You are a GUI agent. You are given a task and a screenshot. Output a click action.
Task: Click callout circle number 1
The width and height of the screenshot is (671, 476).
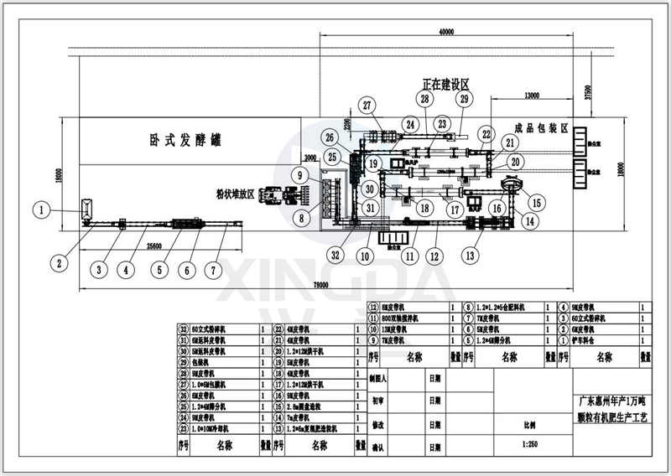pyautogui.click(x=39, y=210)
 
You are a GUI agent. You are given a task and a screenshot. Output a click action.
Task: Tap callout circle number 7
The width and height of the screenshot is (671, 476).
pyautogui.click(x=215, y=269)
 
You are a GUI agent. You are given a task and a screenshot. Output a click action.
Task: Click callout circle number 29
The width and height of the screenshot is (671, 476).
pyautogui.click(x=464, y=101)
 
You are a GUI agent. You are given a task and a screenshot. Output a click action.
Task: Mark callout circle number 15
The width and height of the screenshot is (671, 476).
pyautogui.click(x=537, y=202)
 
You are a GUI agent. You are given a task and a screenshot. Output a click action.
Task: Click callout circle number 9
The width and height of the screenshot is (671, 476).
pyautogui.click(x=300, y=174)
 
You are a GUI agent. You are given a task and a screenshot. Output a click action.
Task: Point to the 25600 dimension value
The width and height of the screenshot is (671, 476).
pyautogui.click(x=153, y=246)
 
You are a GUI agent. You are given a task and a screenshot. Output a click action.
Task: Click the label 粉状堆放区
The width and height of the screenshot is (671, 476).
pyautogui.click(x=235, y=178)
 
